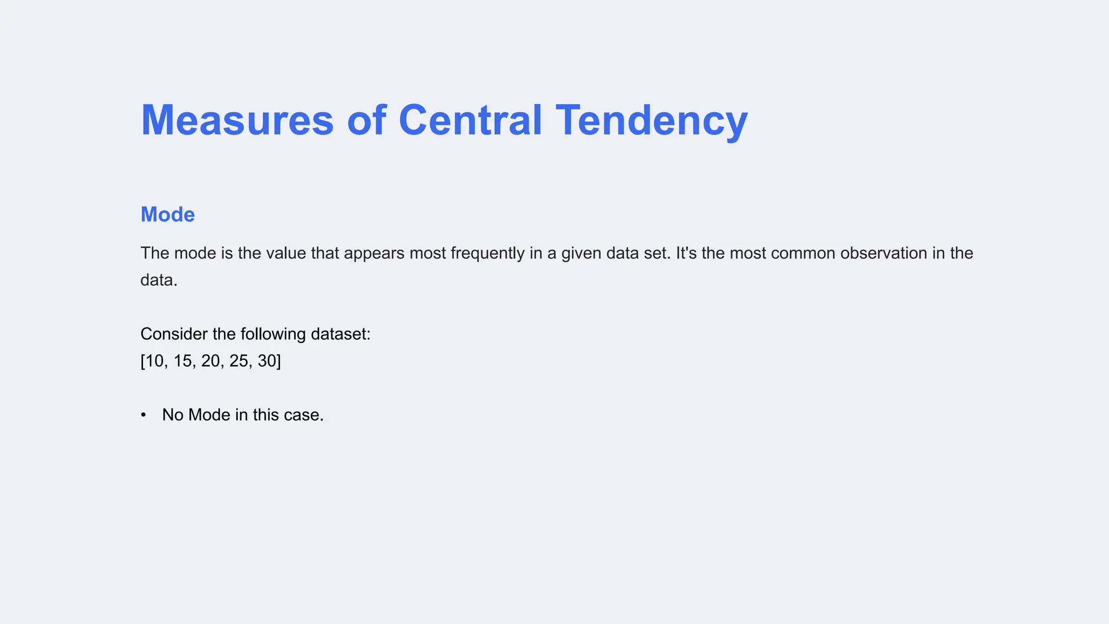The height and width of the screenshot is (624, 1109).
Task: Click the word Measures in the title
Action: click(237, 120)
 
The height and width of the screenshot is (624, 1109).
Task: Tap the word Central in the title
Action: click(470, 120)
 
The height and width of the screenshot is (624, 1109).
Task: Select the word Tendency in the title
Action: click(651, 120)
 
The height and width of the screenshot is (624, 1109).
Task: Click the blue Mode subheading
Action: click(167, 214)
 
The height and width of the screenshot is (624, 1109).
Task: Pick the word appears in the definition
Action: click(374, 253)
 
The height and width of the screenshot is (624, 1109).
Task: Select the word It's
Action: click(686, 253)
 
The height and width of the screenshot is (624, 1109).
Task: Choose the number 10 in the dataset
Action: click(154, 361)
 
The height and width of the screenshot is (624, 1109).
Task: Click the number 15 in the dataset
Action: click(183, 361)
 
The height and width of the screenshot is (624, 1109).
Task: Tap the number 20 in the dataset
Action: click(211, 361)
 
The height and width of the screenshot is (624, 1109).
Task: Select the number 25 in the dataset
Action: click(239, 361)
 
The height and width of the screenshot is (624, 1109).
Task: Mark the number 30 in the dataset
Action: click(267, 361)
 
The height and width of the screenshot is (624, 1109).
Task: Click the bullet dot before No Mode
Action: click(143, 415)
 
